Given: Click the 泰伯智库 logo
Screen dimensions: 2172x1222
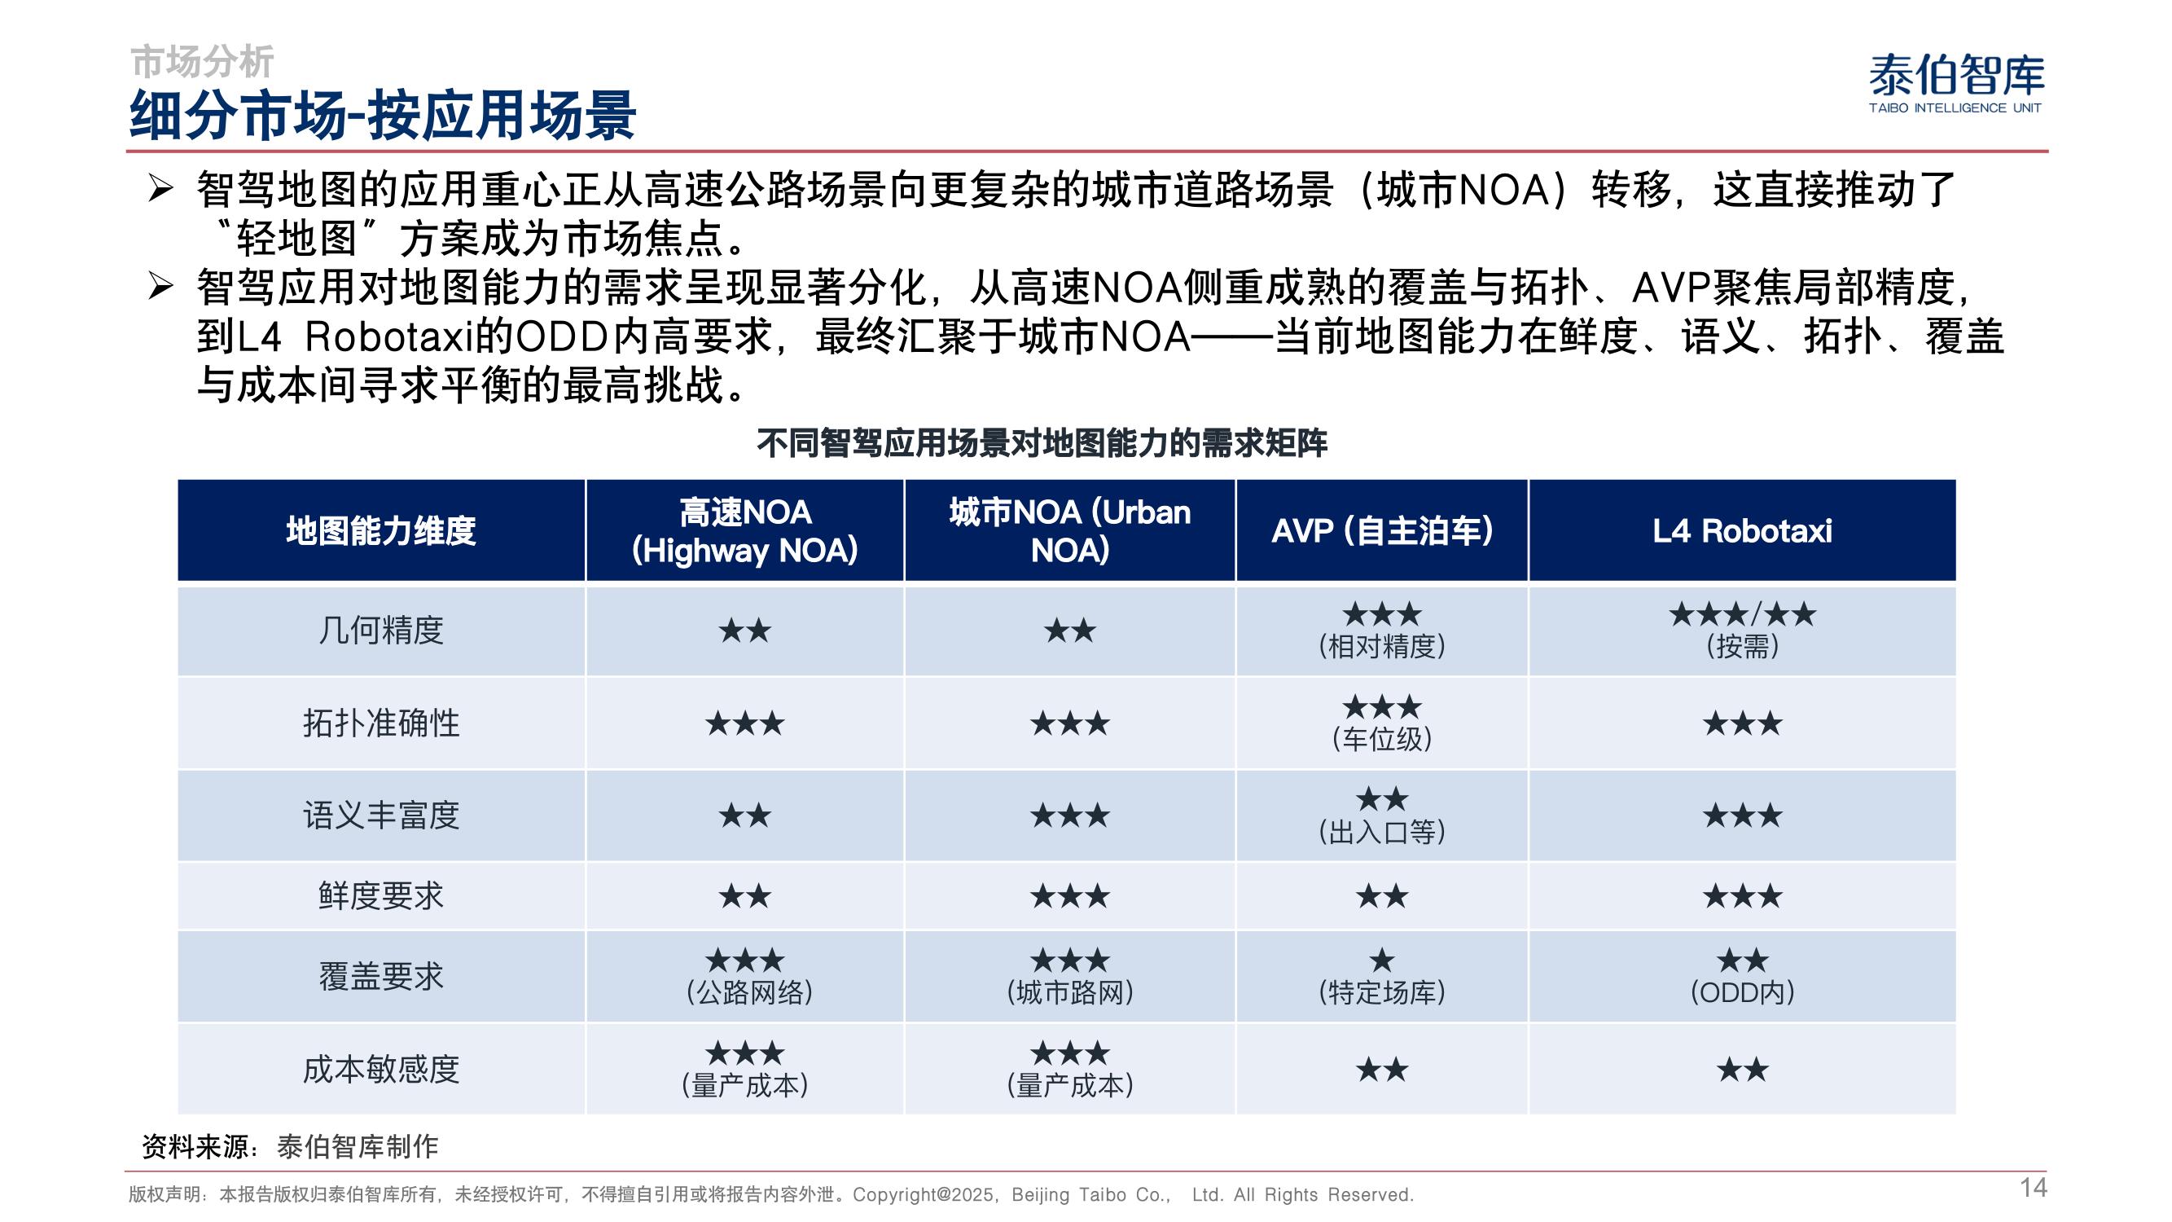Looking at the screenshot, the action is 1956,83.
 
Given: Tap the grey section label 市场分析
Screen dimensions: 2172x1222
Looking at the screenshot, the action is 202,62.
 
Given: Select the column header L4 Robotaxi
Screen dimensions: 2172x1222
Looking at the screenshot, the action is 1742,530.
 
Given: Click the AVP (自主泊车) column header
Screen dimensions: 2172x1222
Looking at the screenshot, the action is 1382,530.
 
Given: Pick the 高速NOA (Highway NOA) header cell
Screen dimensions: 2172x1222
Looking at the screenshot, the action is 744,530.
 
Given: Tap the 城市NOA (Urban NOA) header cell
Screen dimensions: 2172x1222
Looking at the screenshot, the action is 1070,530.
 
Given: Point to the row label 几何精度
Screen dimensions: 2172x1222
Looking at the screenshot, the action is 381,630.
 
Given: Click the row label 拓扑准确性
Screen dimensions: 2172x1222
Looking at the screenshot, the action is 381,723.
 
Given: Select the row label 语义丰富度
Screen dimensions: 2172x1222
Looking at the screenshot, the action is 381,815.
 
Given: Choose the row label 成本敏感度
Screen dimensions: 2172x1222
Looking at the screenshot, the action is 381,1070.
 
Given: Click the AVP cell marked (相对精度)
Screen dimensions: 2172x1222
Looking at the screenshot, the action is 1382,630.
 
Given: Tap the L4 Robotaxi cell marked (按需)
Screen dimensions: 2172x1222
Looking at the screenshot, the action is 1742,630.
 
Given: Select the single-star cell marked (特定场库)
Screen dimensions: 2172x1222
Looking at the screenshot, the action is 1382,977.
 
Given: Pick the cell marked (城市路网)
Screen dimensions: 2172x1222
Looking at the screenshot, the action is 1070,977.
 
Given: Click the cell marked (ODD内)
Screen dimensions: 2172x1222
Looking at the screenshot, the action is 1742,977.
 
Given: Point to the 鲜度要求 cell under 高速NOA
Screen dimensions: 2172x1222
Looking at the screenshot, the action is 744,895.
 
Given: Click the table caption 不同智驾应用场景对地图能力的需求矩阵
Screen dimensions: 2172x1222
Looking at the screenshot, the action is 1042,442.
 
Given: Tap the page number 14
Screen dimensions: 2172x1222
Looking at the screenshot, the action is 2033,1188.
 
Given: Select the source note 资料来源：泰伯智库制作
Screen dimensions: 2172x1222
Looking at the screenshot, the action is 290,1146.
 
